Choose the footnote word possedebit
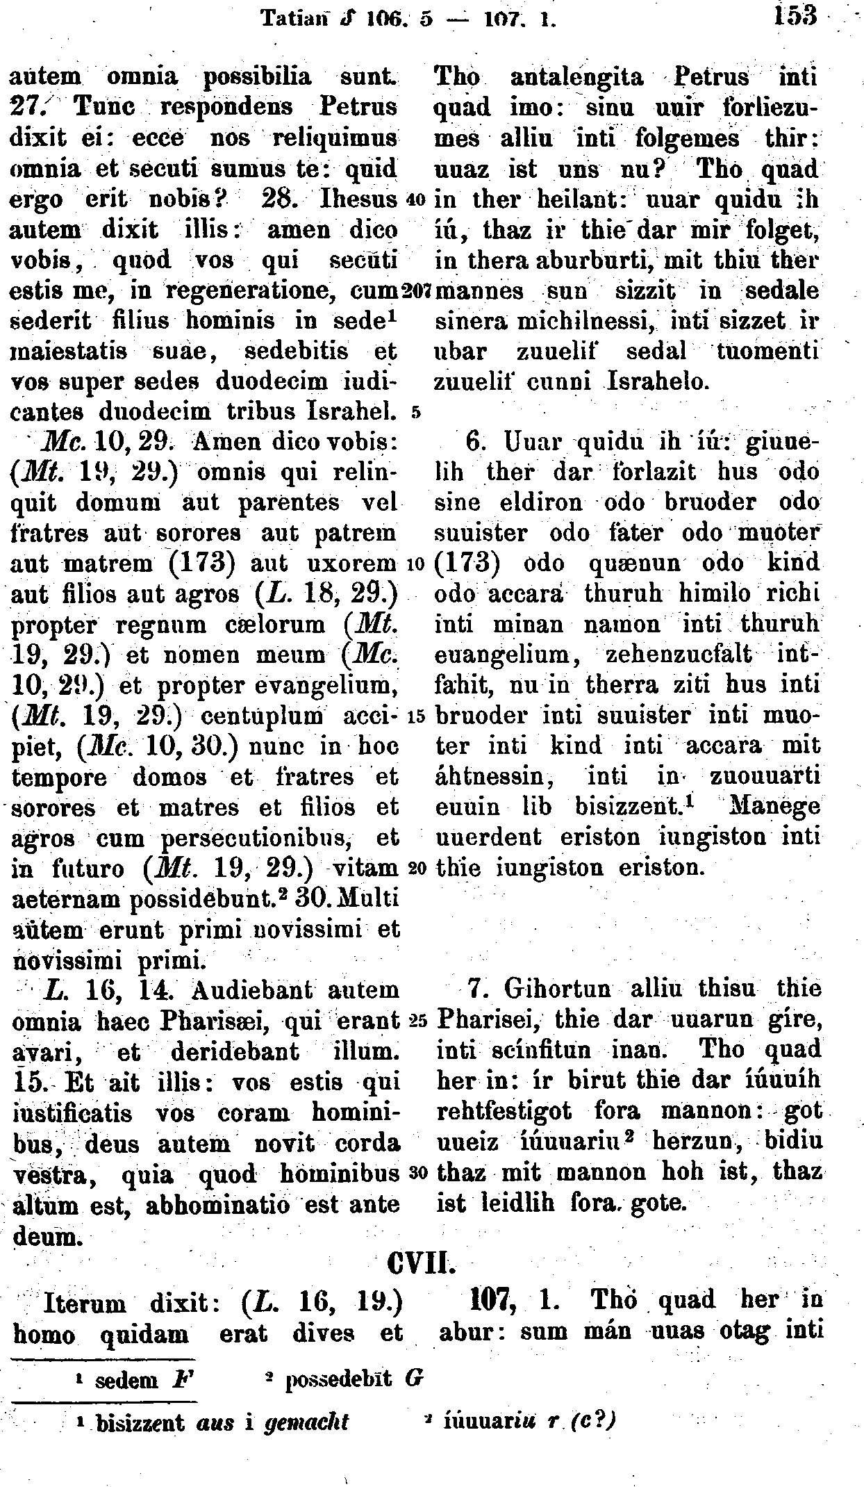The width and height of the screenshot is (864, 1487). [x=341, y=1379]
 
